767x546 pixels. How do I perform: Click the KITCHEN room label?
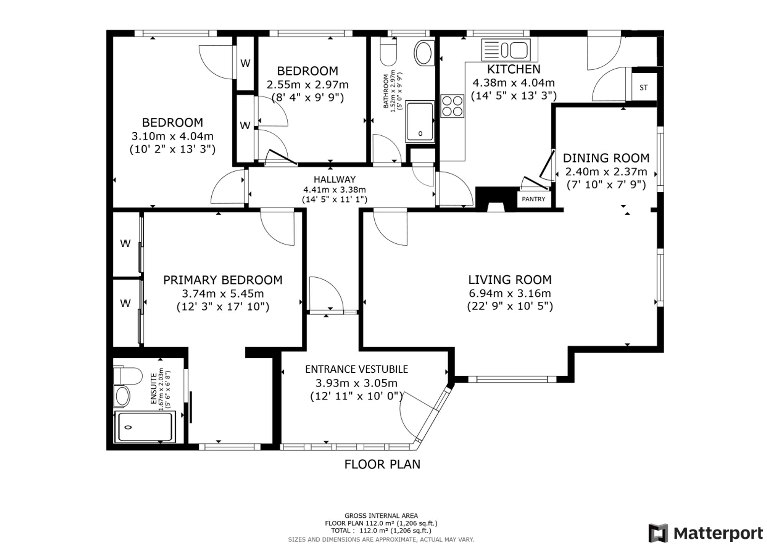point(514,69)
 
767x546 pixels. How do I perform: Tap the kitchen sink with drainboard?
point(506,50)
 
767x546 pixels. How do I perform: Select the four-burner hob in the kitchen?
point(452,106)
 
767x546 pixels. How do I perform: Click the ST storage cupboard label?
point(644,88)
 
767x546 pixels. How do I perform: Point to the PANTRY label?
point(533,199)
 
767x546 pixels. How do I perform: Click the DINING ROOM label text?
point(606,158)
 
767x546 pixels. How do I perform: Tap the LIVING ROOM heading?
point(510,280)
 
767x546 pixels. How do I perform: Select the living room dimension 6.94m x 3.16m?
point(510,293)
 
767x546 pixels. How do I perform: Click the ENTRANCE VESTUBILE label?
point(357,369)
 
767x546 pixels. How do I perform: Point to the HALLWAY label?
point(334,179)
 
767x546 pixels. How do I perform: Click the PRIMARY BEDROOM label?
point(223,280)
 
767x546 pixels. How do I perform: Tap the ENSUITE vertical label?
point(153,389)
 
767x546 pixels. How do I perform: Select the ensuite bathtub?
point(145,426)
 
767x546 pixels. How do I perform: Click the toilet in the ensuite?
point(127,375)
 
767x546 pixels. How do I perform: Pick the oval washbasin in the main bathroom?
point(424,53)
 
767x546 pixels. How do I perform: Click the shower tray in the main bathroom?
point(420,122)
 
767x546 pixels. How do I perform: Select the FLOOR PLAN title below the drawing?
point(382,464)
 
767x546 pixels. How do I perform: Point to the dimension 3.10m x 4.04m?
point(173,136)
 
